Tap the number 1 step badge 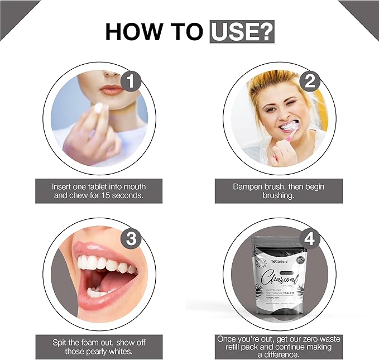click(130, 81)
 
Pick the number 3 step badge click(131, 238)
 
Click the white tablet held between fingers click(98, 108)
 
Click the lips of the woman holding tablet click(112, 89)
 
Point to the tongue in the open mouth click(114, 282)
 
